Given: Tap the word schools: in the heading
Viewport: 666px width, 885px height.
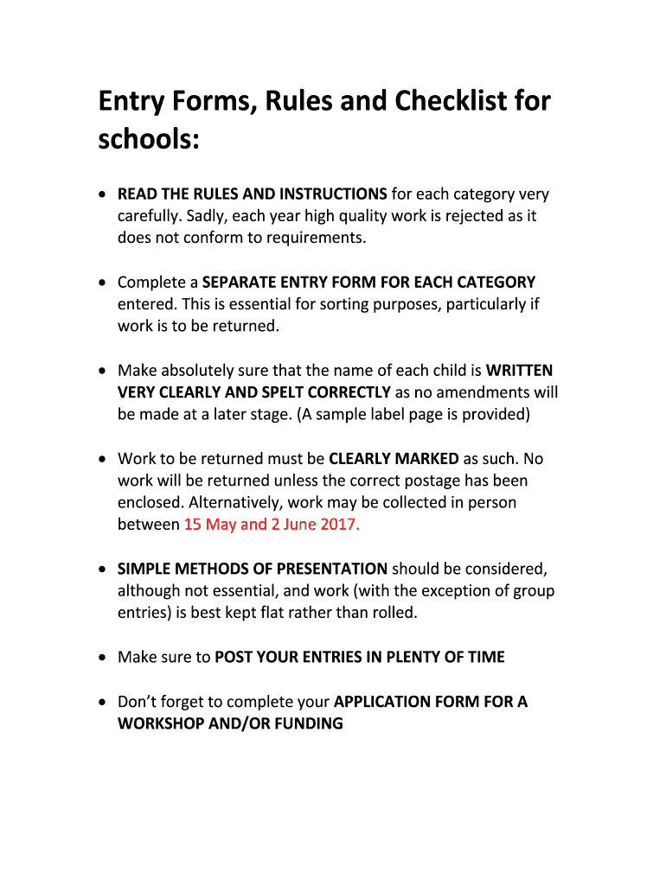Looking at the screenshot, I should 149,139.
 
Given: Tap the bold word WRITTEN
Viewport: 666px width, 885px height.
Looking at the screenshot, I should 519,371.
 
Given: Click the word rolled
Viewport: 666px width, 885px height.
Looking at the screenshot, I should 394,613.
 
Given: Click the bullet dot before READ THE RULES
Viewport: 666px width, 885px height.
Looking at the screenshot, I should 103,194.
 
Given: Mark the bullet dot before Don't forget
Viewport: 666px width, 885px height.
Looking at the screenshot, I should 103,702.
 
